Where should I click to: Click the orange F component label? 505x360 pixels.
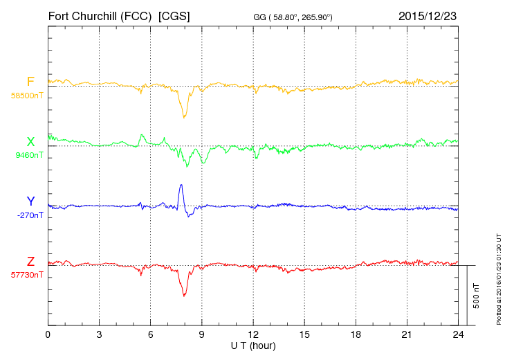30,81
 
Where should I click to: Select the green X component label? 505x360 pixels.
30,141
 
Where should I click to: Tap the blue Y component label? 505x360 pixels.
30,201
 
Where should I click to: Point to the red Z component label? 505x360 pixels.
30,261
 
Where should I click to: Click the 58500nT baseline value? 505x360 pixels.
27,96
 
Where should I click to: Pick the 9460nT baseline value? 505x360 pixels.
29,155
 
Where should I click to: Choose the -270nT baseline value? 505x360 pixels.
30,215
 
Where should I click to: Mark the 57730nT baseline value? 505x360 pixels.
27,275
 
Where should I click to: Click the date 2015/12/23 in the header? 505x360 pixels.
428,16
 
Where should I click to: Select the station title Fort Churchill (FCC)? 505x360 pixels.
100,16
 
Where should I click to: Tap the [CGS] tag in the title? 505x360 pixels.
174,16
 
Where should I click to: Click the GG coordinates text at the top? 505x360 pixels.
293,17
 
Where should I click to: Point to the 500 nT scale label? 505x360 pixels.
477,296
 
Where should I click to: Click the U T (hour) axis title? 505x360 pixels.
253,346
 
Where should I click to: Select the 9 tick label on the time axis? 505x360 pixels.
201,335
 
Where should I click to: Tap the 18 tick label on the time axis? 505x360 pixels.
356,335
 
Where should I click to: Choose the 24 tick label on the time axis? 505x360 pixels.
458,335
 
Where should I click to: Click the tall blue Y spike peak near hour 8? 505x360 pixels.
181,185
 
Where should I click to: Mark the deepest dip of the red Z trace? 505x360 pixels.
184,296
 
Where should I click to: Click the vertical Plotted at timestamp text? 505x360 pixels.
499,279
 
